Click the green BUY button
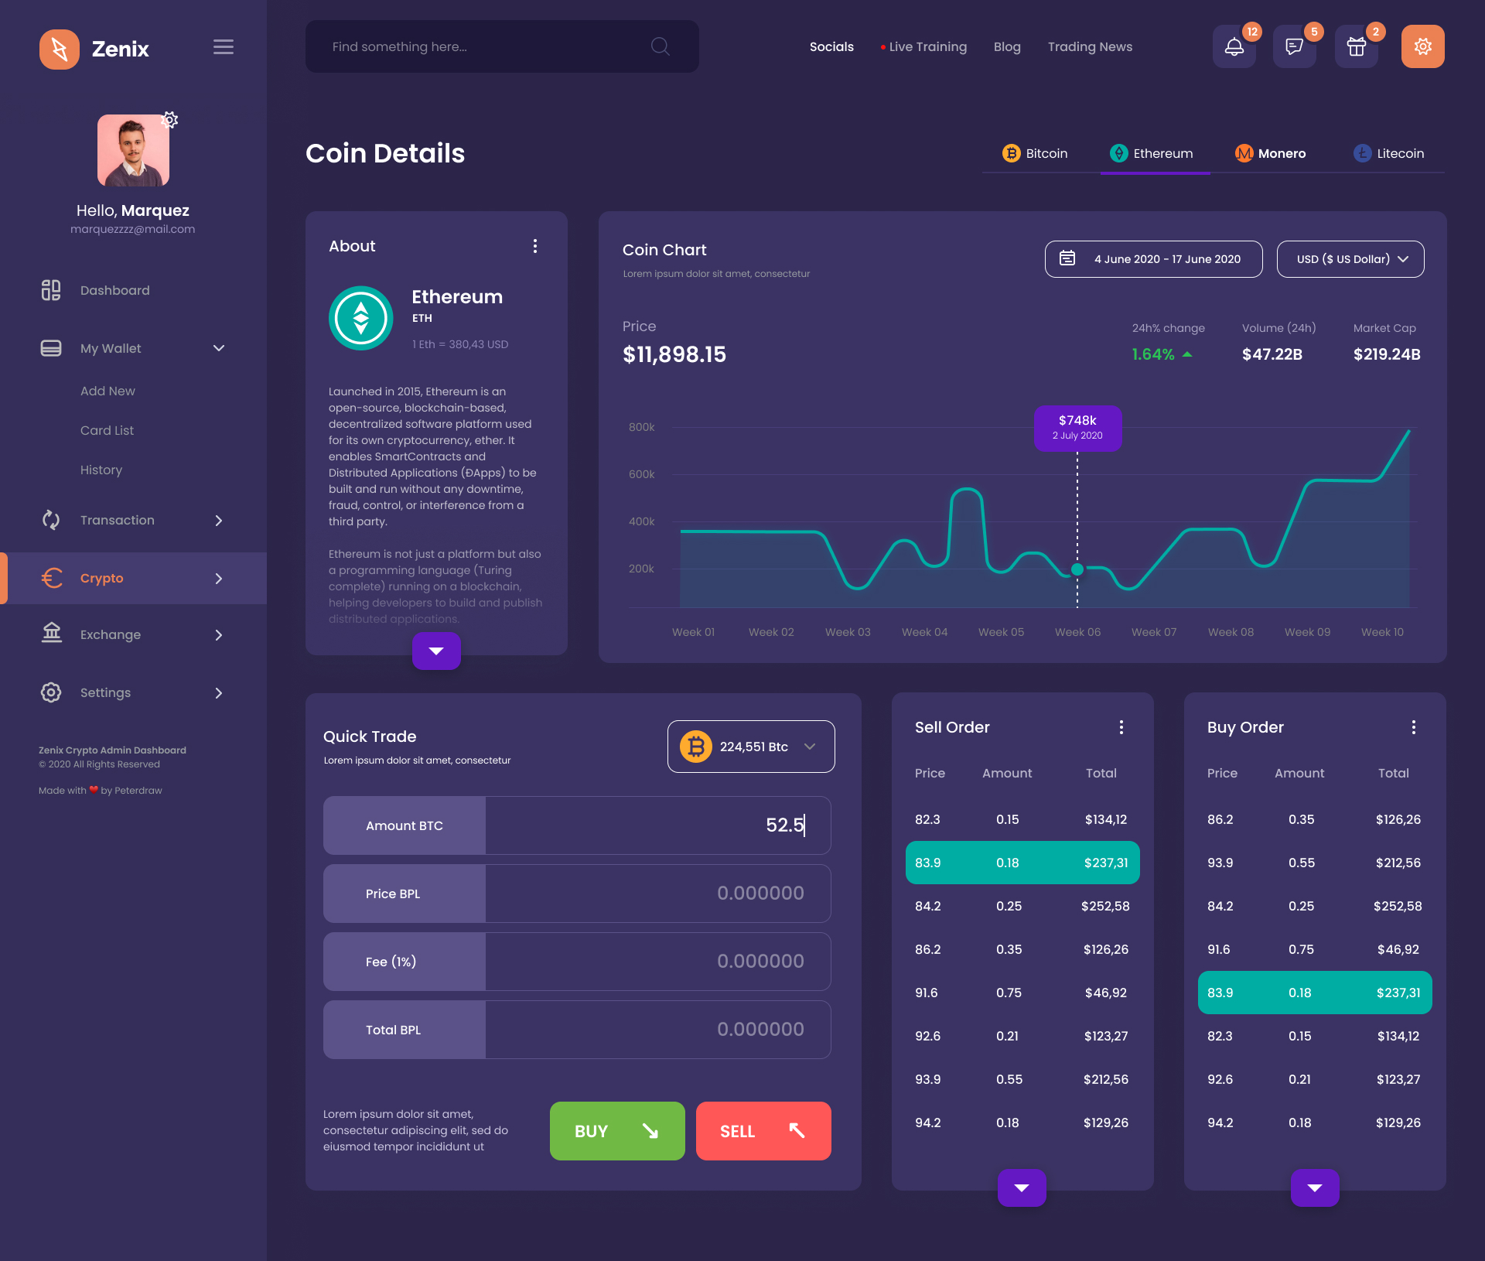pyautogui.click(x=616, y=1130)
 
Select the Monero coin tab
pyautogui.click(x=1270, y=153)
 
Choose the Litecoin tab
pyautogui.click(x=1388, y=153)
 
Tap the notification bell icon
pyautogui.click(x=1234, y=47)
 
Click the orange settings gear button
pyautogui.click(x=1422, y=47)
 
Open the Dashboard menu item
pyautogui.click(x=114, y=290)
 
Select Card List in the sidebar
pyautogui.click(x=107, y=430)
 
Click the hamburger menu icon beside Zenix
pyautogui.click(x=224, y=47)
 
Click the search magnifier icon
pyautogui.click(x=660, y=46)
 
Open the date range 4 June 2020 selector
pyautogui.click(x=1153, y=259)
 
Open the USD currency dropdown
pyautogui.click(x=1350, y=259)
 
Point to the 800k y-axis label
pyautogui.click(x=641, y=427)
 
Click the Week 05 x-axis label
pyautogui.click(x=1001, y=632)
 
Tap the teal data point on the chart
pyautogui.click(x=1077, y=569)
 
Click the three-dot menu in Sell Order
pyautogui.click(x=1121, y=727)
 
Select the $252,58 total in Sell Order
pyautogui.click(x=1104, y=906)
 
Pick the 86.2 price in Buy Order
pyautogui.click(x=1220, y=819)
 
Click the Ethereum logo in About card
pyautogui.click(x=360, y=318)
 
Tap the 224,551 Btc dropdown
pyautogui.click(x=750, y=747)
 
